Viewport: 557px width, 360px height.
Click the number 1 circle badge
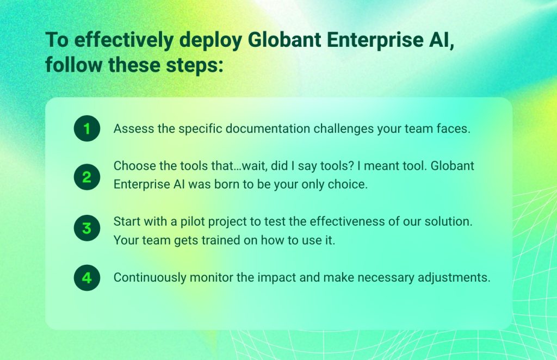[87, 129]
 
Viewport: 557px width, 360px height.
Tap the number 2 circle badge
[87, 177]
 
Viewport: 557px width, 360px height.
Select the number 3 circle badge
[87, 228]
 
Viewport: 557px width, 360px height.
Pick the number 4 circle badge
[87, 278]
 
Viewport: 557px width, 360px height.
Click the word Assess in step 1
[131, 129]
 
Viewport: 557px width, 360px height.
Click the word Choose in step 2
[132, 165]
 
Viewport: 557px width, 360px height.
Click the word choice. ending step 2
[348, 184]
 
